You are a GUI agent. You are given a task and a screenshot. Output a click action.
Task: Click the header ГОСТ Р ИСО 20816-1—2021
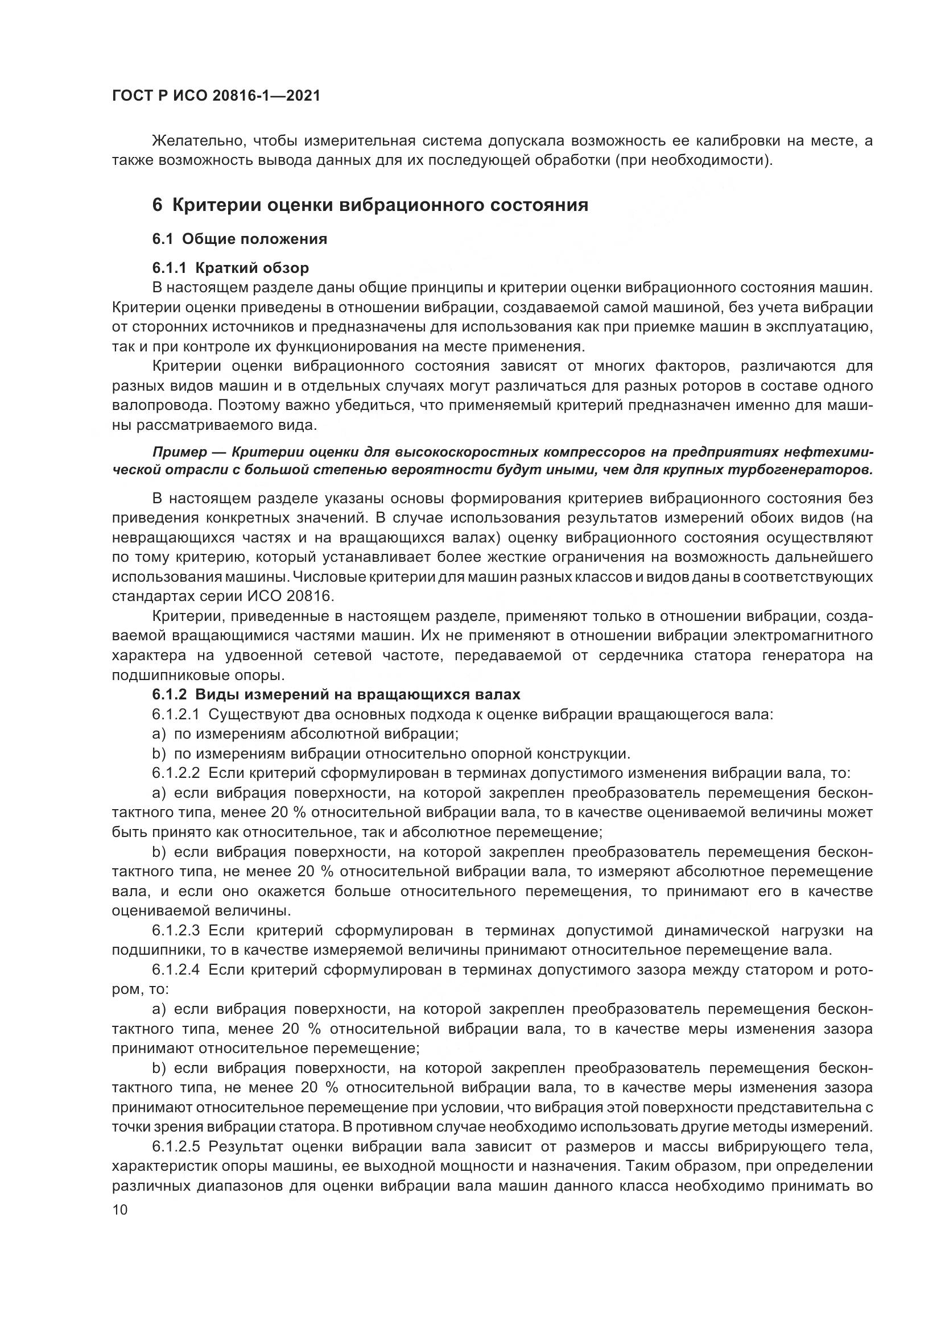pos(216,96)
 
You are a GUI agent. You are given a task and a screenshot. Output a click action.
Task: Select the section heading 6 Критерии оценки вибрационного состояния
pos(370,205)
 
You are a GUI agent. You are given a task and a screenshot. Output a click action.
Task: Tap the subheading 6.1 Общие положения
pos(240,239)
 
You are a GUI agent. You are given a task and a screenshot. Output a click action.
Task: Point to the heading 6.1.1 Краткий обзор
pos(230,268)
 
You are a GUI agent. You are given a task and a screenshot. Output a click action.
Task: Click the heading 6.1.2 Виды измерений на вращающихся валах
pos(336,694)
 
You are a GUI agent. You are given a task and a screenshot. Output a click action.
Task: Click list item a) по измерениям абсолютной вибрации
pos(306,734)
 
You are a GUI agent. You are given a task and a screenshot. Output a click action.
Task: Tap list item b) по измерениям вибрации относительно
pos(391,753)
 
